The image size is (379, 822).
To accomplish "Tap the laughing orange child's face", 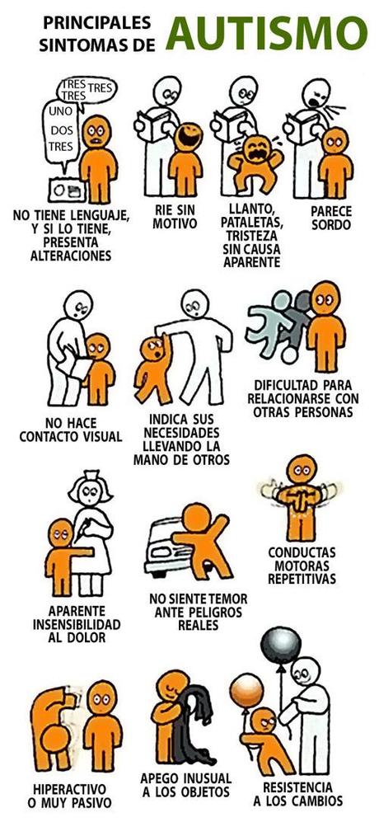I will point(187,134).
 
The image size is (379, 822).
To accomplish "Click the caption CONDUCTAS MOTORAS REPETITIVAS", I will point(302,565).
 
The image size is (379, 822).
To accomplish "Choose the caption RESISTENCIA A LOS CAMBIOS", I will point(298,794).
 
